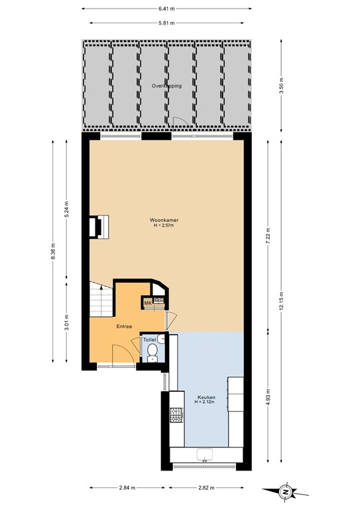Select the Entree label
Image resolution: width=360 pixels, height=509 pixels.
[124, 326]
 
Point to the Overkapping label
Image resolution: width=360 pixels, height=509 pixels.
[166, 86]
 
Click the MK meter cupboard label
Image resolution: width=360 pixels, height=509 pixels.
[149, 304]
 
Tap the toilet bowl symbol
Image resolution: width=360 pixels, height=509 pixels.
[152, 351]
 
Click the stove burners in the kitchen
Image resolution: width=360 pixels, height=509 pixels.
[176, 416]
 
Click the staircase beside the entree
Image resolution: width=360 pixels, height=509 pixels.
[101, 300]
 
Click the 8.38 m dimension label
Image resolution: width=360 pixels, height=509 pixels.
[53, 254]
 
